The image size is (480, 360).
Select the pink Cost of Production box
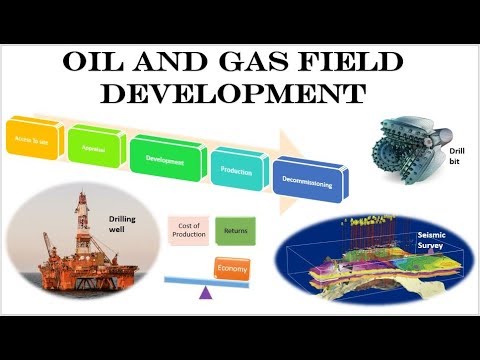point(185,232)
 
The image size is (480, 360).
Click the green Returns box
point(236,232)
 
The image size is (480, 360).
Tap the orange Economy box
point(231,268)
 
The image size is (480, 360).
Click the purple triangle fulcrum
point(206,293)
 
